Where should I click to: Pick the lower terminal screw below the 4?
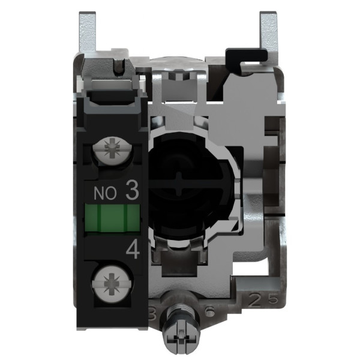click(x=112, y=280)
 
